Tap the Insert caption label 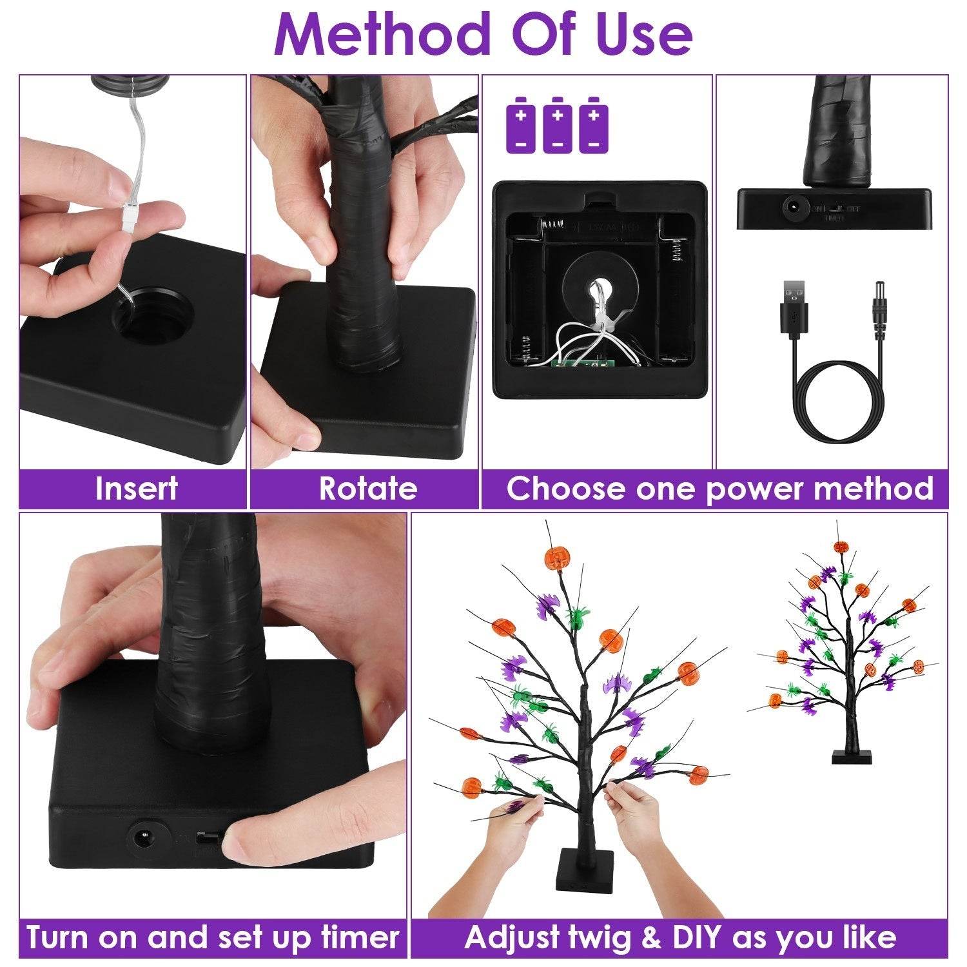point(135,488)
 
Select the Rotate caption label point(368,488)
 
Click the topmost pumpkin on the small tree point(840,547)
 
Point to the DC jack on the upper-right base point(792,208)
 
